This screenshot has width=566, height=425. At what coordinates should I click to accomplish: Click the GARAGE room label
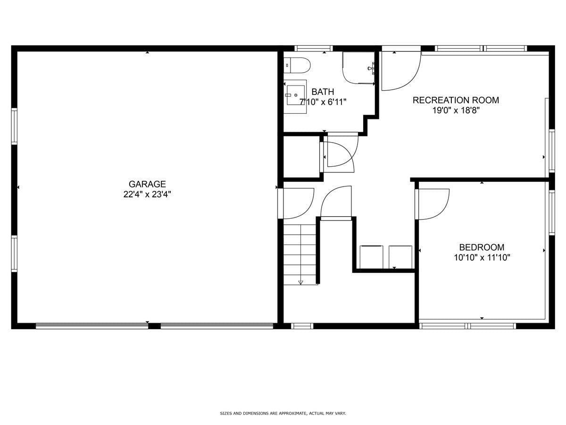click(147, 184)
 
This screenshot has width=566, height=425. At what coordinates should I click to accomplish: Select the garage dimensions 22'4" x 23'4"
click(147, 194)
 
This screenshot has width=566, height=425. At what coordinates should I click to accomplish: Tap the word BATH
click(323, 92)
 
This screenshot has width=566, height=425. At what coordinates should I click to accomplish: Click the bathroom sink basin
click(295, 96)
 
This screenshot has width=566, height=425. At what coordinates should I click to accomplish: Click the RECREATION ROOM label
click(456, 100)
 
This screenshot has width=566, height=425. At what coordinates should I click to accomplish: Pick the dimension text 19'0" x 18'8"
click(456, 110)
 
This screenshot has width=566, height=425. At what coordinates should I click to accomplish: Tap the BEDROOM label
click(482, 247)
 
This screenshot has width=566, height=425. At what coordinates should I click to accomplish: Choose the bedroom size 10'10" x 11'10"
click(482, 257)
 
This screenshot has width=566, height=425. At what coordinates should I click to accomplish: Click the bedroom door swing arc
click(433, 204)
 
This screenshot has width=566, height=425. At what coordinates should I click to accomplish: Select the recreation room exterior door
click(400, 70)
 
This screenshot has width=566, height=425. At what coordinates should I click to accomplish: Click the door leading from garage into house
click(297, 203)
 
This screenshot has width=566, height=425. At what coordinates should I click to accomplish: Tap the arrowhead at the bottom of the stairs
click(300, 282)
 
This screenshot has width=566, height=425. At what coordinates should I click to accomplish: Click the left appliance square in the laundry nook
click(371, 257)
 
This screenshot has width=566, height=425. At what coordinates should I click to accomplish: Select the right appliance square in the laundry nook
click(400, 257)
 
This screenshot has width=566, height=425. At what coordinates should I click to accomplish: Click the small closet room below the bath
click(301, 157)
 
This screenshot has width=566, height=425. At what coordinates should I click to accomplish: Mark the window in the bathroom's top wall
click(314, 48)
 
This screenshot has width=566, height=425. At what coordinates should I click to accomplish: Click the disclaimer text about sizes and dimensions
click(283, 413)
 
